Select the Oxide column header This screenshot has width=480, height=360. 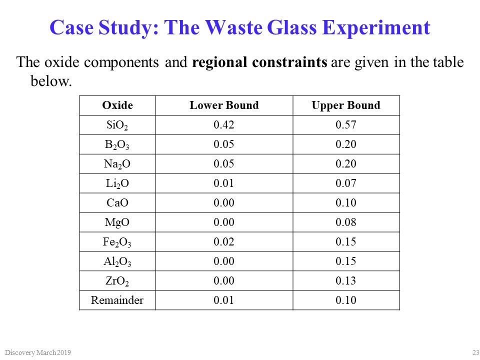point(117,105)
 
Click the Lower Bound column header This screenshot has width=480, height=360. point(224,105)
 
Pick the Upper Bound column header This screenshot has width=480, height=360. point(345,105)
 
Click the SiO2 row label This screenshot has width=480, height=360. point(117,125)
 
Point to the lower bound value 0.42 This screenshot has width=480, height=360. point(224,125)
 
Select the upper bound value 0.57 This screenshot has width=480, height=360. point(345,125)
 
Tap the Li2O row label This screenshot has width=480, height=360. point(117,183)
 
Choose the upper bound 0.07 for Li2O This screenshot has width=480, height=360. point(345,183)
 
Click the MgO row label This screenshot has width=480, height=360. point(117,222)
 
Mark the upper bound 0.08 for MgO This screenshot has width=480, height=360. point(345,222)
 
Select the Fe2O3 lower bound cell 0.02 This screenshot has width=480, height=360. point(224,242)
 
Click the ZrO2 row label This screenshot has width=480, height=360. point(117,281)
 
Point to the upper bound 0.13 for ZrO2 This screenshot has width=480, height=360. point(345,281)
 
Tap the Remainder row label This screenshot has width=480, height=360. point(117,300)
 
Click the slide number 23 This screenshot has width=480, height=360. point(475,353)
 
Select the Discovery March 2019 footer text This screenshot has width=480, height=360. point(36,353)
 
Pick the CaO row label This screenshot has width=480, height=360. point(117,203)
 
